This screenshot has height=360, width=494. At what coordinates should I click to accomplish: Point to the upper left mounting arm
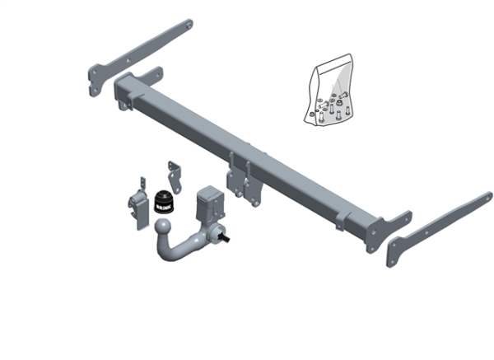[140, 53]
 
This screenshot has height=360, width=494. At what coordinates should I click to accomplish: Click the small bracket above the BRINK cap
[174, 174]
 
